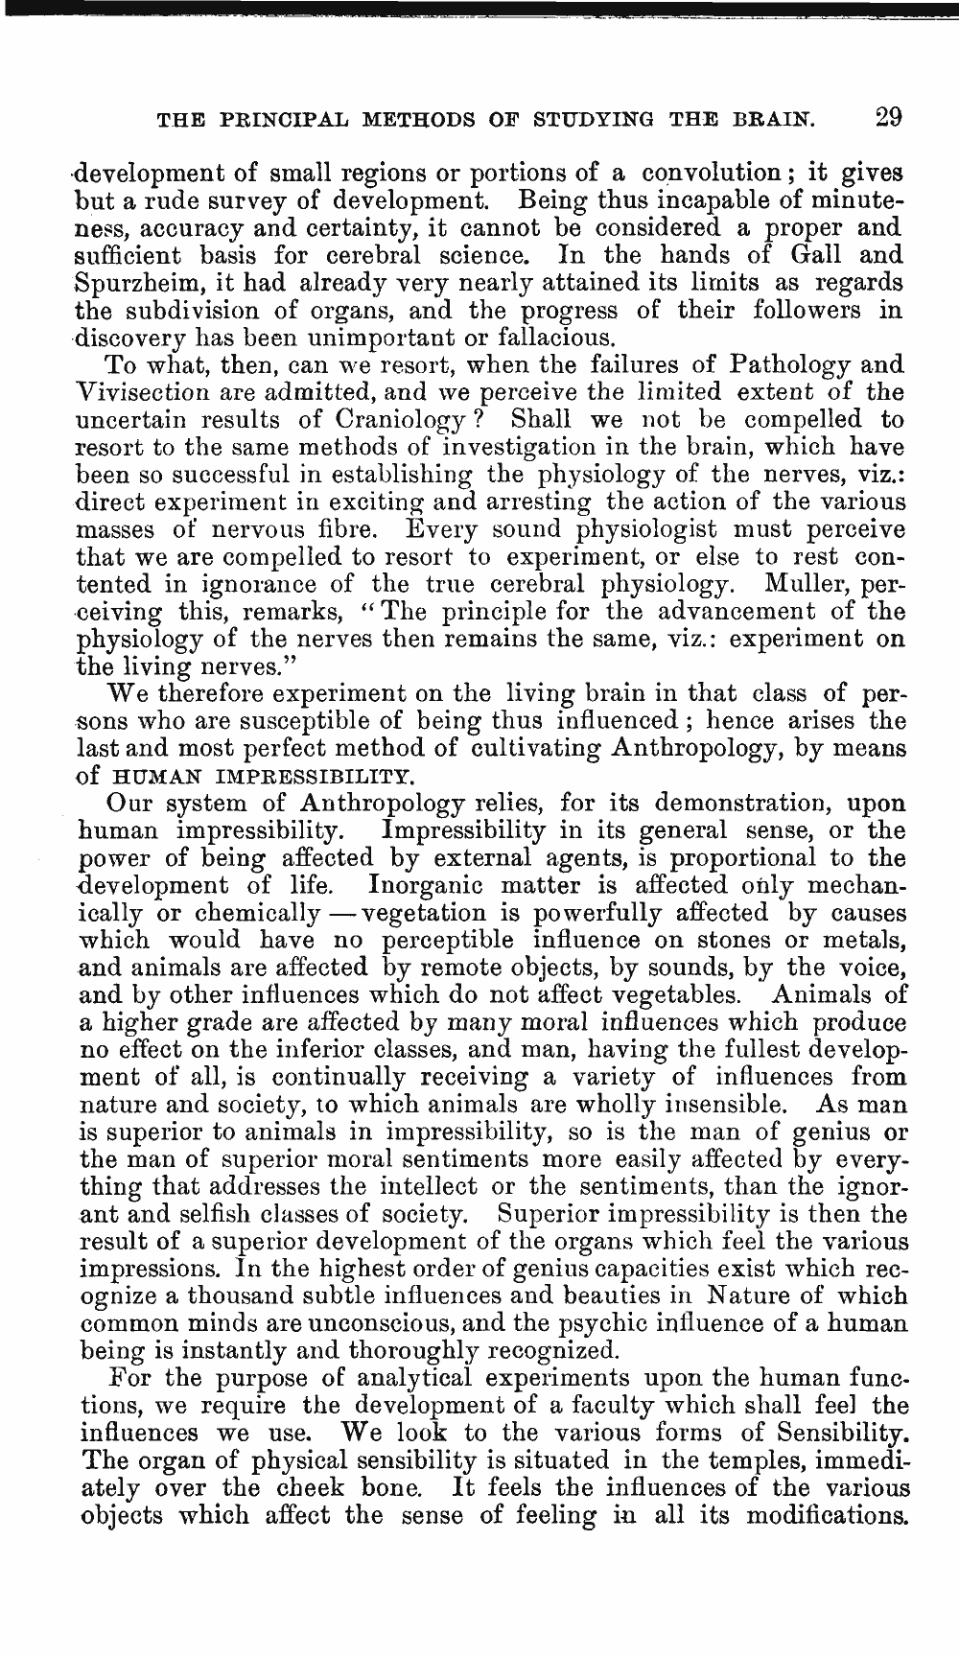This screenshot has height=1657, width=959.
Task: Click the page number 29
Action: [x=887, y=118]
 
